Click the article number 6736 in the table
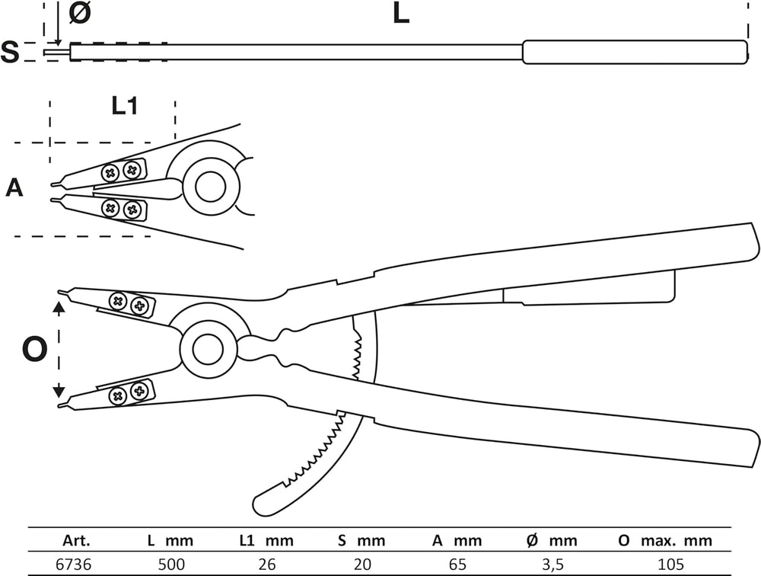click(x=73, y=565)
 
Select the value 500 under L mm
click(x=171, y=565)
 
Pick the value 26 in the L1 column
click(x=267, y=565)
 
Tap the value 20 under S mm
click(x=362, y=565)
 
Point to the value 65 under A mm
click(x=457, y=565)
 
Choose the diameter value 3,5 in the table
click(x=552, y=565)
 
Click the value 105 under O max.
click(x=670, y=565)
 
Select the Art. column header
click(x=76, y=540)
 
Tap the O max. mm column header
click(x=665, y=540)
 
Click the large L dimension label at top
click(x=401, y=14)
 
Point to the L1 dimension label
click(x=125, y=105)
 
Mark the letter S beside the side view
click(x=10, y=52)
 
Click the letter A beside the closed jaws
click(x=14, y=187)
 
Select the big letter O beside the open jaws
click(x=35, y=349)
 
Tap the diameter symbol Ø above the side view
click(x=80, y=13)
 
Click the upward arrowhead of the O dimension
click(x=59, y=307)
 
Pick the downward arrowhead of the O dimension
click(x=59, y=390)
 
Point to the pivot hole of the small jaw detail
click(x=211, y=186)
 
